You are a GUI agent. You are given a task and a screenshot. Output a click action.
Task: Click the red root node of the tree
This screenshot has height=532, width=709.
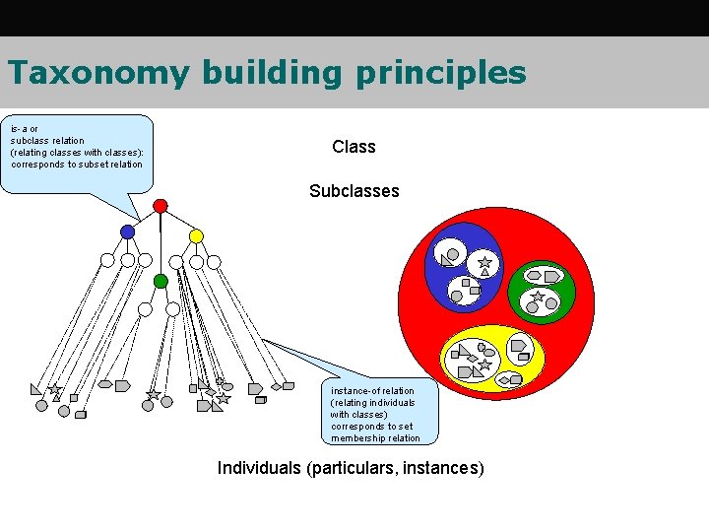161,206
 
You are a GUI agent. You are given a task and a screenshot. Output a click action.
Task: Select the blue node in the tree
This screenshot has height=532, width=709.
127,233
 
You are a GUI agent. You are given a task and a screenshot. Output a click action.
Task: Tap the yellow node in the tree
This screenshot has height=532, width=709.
196,236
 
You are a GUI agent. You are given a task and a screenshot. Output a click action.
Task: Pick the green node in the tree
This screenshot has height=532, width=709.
161,281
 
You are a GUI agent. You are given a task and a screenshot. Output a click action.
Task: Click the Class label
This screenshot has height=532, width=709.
354,147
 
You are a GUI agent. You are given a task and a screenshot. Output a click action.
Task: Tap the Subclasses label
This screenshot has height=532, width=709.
354,191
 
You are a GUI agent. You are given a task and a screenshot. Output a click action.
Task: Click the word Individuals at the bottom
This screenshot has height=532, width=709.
259,468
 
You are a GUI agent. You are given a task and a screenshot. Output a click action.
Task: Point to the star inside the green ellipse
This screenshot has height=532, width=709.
538,296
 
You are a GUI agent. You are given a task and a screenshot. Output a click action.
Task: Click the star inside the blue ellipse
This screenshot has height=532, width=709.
484,263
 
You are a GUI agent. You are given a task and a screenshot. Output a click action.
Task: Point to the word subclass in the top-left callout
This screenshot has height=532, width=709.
31,141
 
